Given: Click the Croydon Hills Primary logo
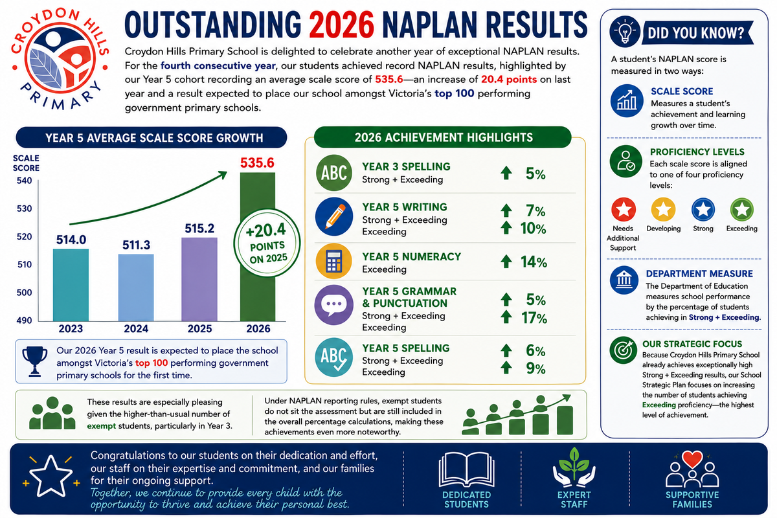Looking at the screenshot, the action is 60,59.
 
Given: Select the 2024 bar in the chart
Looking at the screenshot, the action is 136,287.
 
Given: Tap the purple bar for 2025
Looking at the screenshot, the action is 199,279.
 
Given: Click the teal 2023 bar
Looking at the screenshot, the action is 71,285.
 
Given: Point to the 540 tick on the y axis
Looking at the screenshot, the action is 25,181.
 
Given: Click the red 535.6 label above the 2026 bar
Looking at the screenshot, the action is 257,163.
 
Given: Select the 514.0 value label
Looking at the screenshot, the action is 71,240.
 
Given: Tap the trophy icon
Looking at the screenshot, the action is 35,361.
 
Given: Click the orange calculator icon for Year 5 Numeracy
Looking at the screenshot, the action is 333,261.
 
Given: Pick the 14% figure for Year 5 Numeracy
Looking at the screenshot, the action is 534,262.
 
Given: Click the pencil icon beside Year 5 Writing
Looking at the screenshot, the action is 334,217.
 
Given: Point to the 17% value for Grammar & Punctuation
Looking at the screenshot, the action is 534,318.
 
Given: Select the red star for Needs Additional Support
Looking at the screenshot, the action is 624,210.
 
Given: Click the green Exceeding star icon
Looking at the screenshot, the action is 741,210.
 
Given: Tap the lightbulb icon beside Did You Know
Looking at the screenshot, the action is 625,32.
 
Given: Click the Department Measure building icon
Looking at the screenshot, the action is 624,280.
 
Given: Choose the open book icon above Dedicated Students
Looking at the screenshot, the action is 467,469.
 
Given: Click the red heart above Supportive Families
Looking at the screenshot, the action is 692,459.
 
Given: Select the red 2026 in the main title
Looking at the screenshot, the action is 342,25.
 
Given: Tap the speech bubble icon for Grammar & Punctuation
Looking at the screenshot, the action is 333,305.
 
